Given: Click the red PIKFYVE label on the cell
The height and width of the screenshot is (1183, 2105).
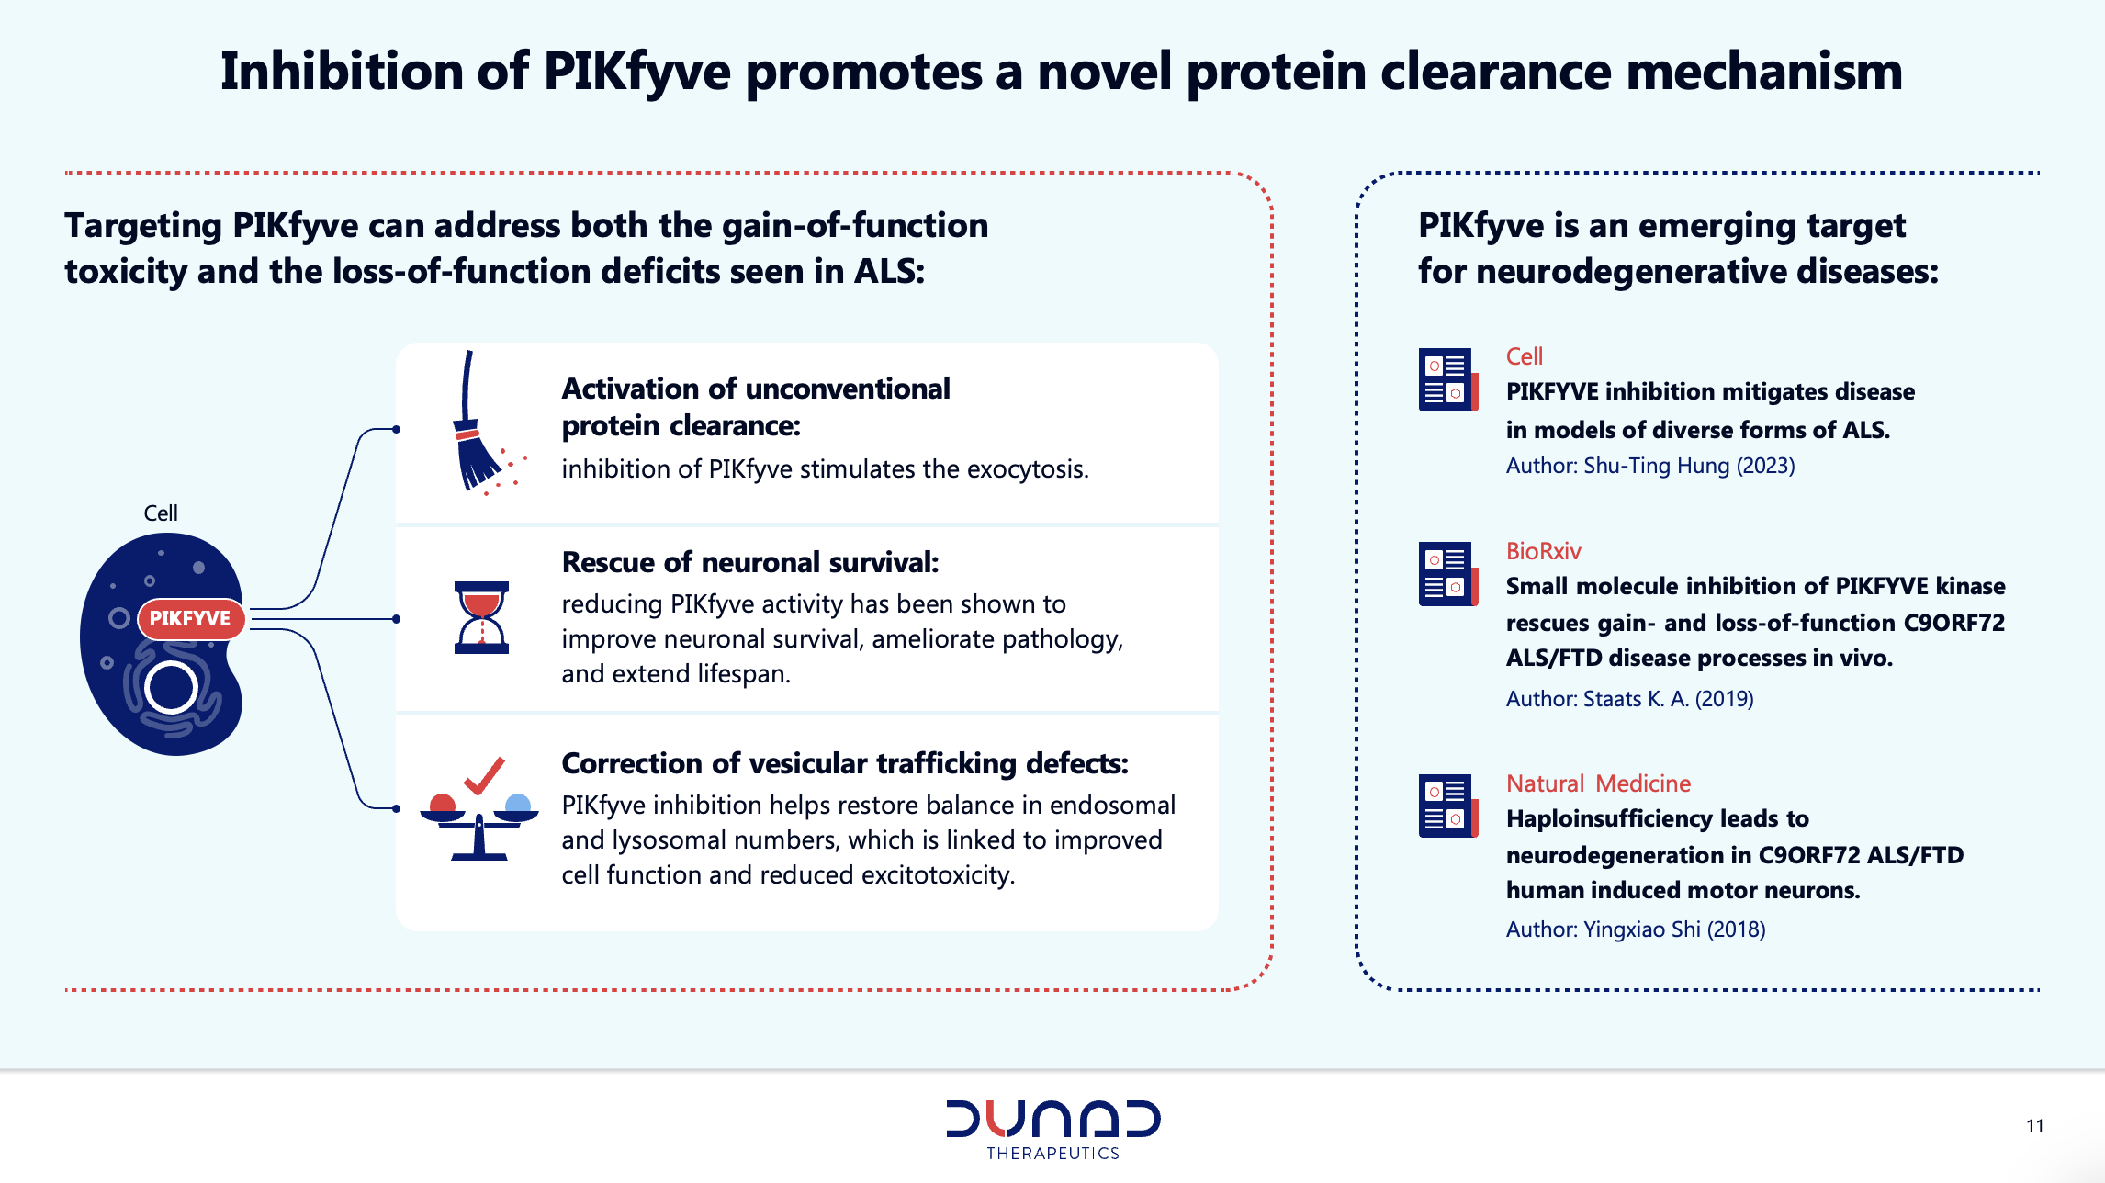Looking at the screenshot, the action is tap(191, 619).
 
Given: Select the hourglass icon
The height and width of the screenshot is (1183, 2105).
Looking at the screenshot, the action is tap(481, 617).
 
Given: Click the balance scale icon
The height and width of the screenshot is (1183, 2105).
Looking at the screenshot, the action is tap(478, 826).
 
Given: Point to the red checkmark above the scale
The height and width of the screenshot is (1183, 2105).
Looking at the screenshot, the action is tap(485, 775).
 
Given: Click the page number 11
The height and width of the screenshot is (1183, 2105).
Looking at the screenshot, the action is tap(2035, 1126).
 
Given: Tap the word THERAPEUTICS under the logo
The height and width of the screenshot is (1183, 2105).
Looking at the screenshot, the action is tap(1053, 1154).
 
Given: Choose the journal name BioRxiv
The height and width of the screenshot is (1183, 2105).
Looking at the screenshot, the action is tap(1544, 551).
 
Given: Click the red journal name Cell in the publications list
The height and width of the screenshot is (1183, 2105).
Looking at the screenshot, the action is tap(1525, 356).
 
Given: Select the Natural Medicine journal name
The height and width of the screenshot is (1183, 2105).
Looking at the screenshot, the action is tap(1599, 783).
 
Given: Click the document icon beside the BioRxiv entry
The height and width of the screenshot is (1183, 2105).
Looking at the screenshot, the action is tap(1448, 574).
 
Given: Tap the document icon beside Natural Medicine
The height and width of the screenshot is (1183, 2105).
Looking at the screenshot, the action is tap(1448, 806).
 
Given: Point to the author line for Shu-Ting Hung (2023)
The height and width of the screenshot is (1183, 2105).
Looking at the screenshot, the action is tap(1650, 466).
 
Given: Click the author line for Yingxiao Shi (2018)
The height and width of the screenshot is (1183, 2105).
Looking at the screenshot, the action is tap(1636, 929).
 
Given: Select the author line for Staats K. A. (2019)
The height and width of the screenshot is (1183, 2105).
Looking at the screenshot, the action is tap(1630, 699).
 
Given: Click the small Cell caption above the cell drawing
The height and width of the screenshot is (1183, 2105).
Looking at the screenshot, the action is tap(161, 513).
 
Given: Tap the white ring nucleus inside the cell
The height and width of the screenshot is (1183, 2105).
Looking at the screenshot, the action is tap(171, 687).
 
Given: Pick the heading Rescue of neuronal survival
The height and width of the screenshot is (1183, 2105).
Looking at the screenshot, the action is tap(750, 562).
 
